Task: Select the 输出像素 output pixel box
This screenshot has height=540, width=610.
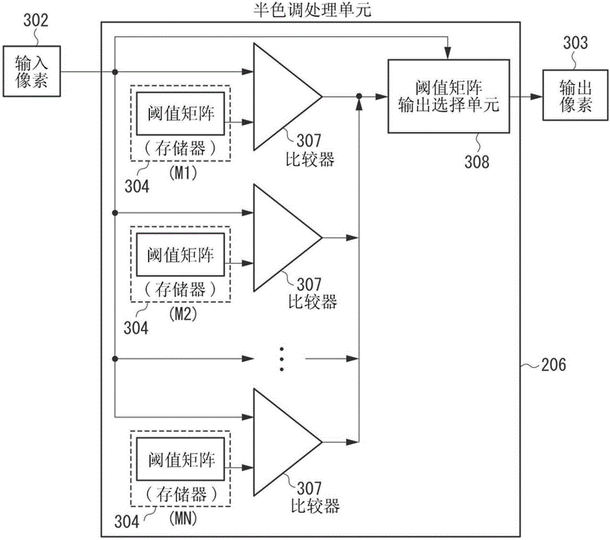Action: [576, 98]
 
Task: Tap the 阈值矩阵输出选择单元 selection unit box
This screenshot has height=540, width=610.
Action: [448, 97]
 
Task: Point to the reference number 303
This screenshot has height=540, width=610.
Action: [576, 43]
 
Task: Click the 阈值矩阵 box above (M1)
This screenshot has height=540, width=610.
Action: [180, 114]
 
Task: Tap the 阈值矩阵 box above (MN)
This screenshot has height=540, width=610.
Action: [180, 459]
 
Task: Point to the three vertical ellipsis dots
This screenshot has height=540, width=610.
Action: [281, 359]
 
